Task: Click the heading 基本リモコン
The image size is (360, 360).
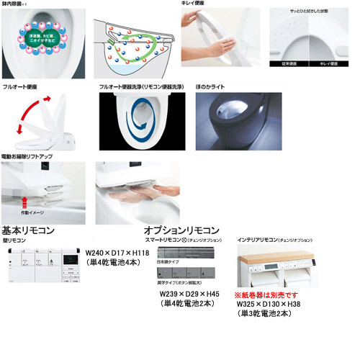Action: (x=30, y=230)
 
